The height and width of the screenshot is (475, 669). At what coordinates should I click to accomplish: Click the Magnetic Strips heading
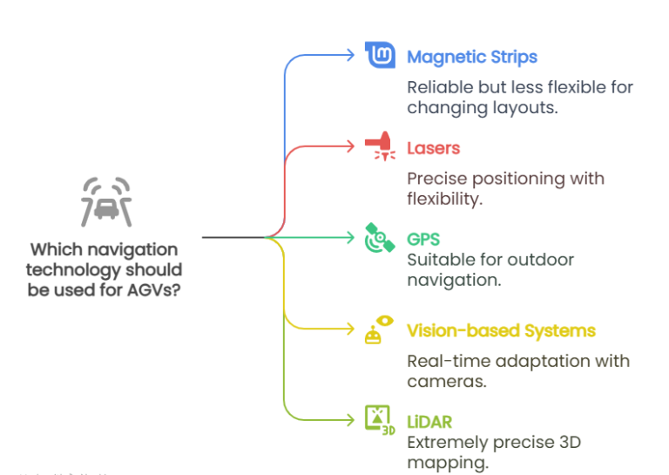coord(472,58)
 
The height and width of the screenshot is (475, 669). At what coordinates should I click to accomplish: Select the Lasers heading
coord(433,148)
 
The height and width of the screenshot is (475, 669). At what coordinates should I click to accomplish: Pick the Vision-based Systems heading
coord(501,331)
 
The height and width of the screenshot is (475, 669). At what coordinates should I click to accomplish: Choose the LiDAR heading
coord(429,422)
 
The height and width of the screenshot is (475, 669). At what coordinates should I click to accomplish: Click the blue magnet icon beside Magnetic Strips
coord(380,57)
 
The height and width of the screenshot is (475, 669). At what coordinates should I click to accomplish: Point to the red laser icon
coord(380,146)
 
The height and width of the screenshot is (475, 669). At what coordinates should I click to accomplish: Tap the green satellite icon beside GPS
coord(380,238)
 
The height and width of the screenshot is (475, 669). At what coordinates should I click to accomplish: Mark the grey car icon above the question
coord(105,202)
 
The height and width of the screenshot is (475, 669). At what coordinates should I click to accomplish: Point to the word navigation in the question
coord(133,249)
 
